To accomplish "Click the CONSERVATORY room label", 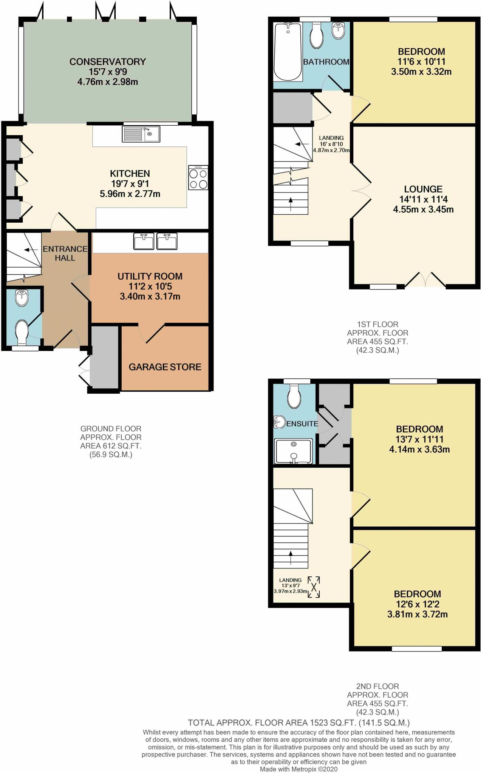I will [x=107, y=62].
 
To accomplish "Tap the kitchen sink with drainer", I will [x=141, y=134].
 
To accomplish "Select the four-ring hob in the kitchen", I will [x=198, y=177].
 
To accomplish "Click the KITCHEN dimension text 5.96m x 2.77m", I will [x=130, y=194].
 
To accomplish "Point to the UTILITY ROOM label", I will [x=150, y=276].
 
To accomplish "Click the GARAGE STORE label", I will [x=165, y=367].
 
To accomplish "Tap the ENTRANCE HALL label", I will [x=65, y=253].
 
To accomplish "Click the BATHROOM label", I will [x=326, y=62].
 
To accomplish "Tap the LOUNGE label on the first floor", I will [x=423, y=189].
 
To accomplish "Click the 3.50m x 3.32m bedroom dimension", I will [x=421, y=72].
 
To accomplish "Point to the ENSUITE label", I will [x=302, y=423].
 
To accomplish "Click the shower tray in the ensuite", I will [x=294, y=451].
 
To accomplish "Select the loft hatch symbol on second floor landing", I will [x=314, y=587].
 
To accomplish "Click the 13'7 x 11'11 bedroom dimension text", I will [x=419, y=439].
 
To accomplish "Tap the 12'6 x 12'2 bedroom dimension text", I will [x=418, y=604].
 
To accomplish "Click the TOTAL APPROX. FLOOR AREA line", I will [x=298, y=723].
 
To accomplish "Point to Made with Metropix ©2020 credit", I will [x=298, y=769].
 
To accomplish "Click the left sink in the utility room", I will [x=144, y=242].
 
